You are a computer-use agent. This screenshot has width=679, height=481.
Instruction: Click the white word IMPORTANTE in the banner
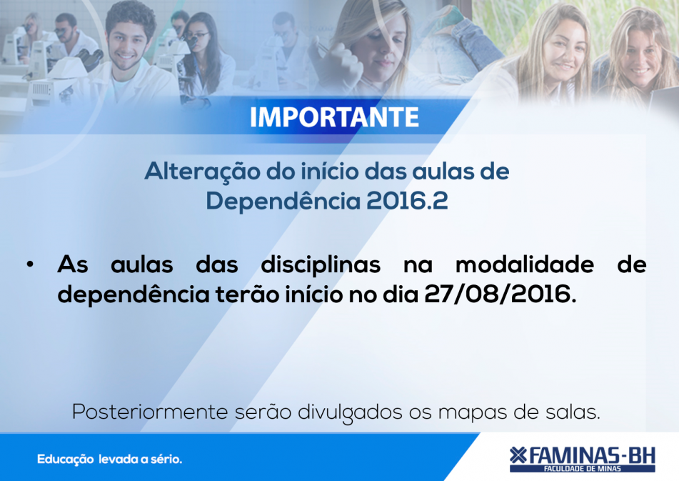334,117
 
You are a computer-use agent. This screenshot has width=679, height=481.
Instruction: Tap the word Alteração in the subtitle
202,172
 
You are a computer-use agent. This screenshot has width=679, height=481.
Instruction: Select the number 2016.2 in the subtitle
407,201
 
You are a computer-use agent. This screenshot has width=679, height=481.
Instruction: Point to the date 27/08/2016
501,295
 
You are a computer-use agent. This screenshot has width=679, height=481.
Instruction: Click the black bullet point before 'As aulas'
30,264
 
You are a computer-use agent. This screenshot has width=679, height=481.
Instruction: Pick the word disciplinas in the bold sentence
321,265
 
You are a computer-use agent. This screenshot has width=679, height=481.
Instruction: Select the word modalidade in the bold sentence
524,264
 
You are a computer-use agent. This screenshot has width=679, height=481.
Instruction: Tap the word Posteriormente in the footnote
150,412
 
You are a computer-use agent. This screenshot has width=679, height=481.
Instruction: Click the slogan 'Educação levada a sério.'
109,460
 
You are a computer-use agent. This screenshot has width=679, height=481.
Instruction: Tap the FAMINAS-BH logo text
591,456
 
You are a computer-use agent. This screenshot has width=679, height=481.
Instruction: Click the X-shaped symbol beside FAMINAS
518,455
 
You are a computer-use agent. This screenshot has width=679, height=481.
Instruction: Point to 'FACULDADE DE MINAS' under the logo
583,469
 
